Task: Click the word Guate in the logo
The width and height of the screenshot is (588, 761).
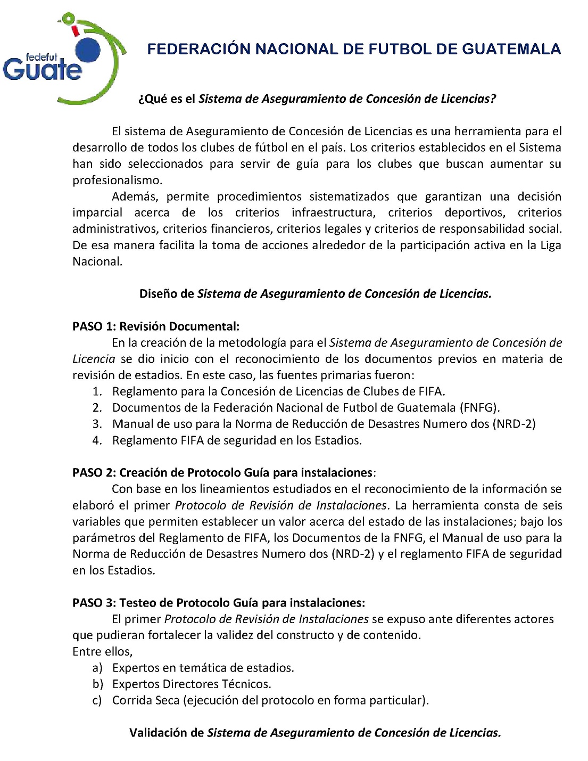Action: [43, 70]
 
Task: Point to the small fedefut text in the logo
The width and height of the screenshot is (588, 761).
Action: [41, 57]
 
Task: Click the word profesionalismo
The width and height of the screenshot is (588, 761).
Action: [117, 180]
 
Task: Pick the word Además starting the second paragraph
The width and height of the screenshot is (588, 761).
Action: [135, 197]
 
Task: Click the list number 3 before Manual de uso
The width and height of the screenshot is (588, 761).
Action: [97, 424]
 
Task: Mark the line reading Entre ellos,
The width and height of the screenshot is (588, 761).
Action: [103, 651]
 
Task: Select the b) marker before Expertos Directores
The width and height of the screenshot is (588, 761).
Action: [97, 684]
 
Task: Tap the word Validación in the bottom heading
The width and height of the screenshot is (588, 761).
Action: [167, 733]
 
